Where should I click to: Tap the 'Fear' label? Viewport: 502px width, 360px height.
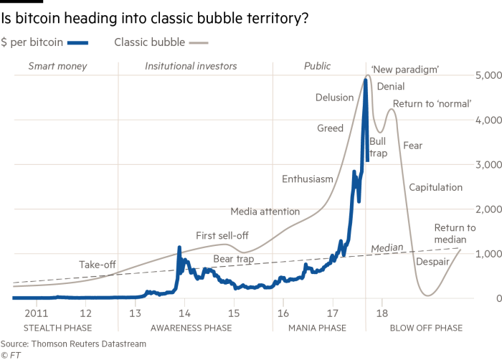(413, 145)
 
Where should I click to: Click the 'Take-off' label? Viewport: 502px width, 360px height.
(98, 265)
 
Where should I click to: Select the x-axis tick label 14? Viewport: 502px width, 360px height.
(184, 313)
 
